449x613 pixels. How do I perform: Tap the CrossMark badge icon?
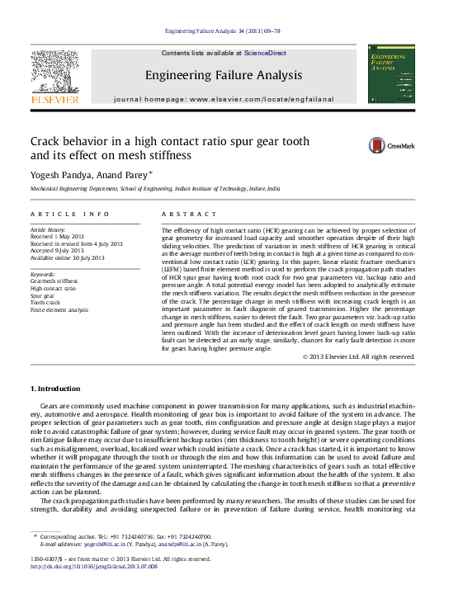pos(392,146)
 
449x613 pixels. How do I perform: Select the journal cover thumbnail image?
pos(391,75)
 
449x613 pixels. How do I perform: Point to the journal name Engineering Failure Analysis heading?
pos(224,75)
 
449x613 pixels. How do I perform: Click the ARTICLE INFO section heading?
pos(69,214)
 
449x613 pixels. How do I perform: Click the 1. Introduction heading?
pos(56,389)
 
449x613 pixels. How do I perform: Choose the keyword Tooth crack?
pos(46,303)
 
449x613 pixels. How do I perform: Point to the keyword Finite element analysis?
pos(59,310)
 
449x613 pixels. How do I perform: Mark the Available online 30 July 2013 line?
pos(68,258)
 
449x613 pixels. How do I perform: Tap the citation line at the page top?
pos(223,31)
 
